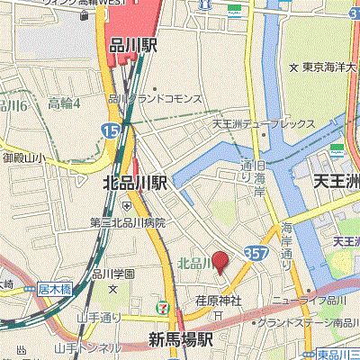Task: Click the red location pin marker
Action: click(220, 264)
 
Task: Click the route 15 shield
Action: click(109, 131)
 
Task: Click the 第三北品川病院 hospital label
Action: click(128, 222)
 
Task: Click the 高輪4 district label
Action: click(65, 103)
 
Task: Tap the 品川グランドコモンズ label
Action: click(162, 98)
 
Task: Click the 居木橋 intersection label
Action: click(54, 290)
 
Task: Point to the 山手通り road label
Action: click(99, 317)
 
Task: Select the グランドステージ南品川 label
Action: click(305, 321)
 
